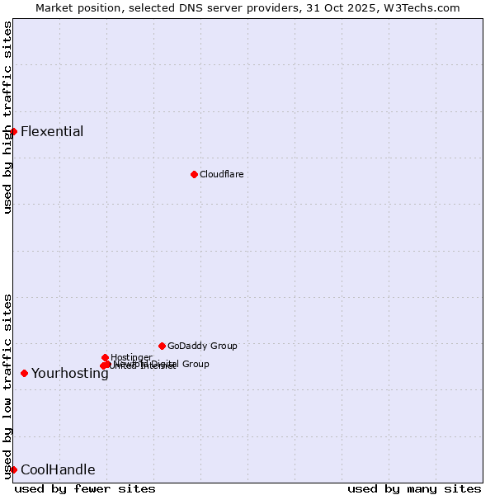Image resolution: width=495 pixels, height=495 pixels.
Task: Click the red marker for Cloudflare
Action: (x=194, y=174)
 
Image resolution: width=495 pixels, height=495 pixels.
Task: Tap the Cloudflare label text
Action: (x=221, y=174)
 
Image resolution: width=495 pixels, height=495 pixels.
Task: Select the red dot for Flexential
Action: (x=13, y=131)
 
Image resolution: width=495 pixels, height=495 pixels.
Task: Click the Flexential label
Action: (x=52, y=132)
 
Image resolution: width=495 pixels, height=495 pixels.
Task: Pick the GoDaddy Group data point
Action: (x=162, y=346)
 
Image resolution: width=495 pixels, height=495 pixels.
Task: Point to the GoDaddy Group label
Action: (x=202, y=346)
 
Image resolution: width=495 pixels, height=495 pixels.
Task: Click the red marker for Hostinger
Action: (x=105, y=357)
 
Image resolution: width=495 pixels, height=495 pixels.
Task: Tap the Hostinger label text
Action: (x=131, y=357)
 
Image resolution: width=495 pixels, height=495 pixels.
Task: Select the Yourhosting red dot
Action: (x=24, y=373)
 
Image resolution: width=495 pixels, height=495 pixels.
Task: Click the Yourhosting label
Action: (x=70, y=374)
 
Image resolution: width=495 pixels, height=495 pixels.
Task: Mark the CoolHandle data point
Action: (x=13, y=469)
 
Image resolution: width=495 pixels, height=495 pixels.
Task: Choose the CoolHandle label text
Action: (x=58, y=470)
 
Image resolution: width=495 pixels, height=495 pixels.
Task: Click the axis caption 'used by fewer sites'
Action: (x=85, y=488)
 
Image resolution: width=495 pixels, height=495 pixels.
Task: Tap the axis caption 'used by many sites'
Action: (x=414, y=488)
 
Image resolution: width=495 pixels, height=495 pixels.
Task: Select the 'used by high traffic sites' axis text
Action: (x=7, y=117)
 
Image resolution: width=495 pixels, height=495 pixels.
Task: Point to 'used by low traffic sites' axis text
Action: (x=7, y=386)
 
